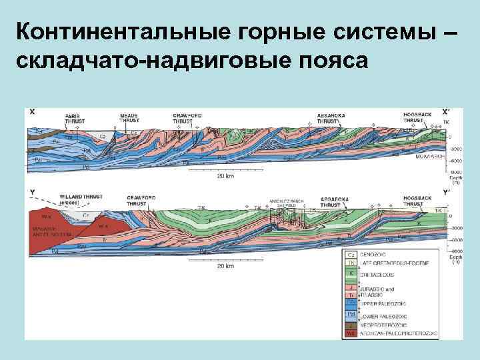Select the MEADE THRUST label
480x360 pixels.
pos(129,119)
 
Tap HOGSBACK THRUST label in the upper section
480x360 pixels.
pos(417,118)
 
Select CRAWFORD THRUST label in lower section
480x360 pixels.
pos(139,200)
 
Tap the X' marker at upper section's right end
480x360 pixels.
pos(445,111)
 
